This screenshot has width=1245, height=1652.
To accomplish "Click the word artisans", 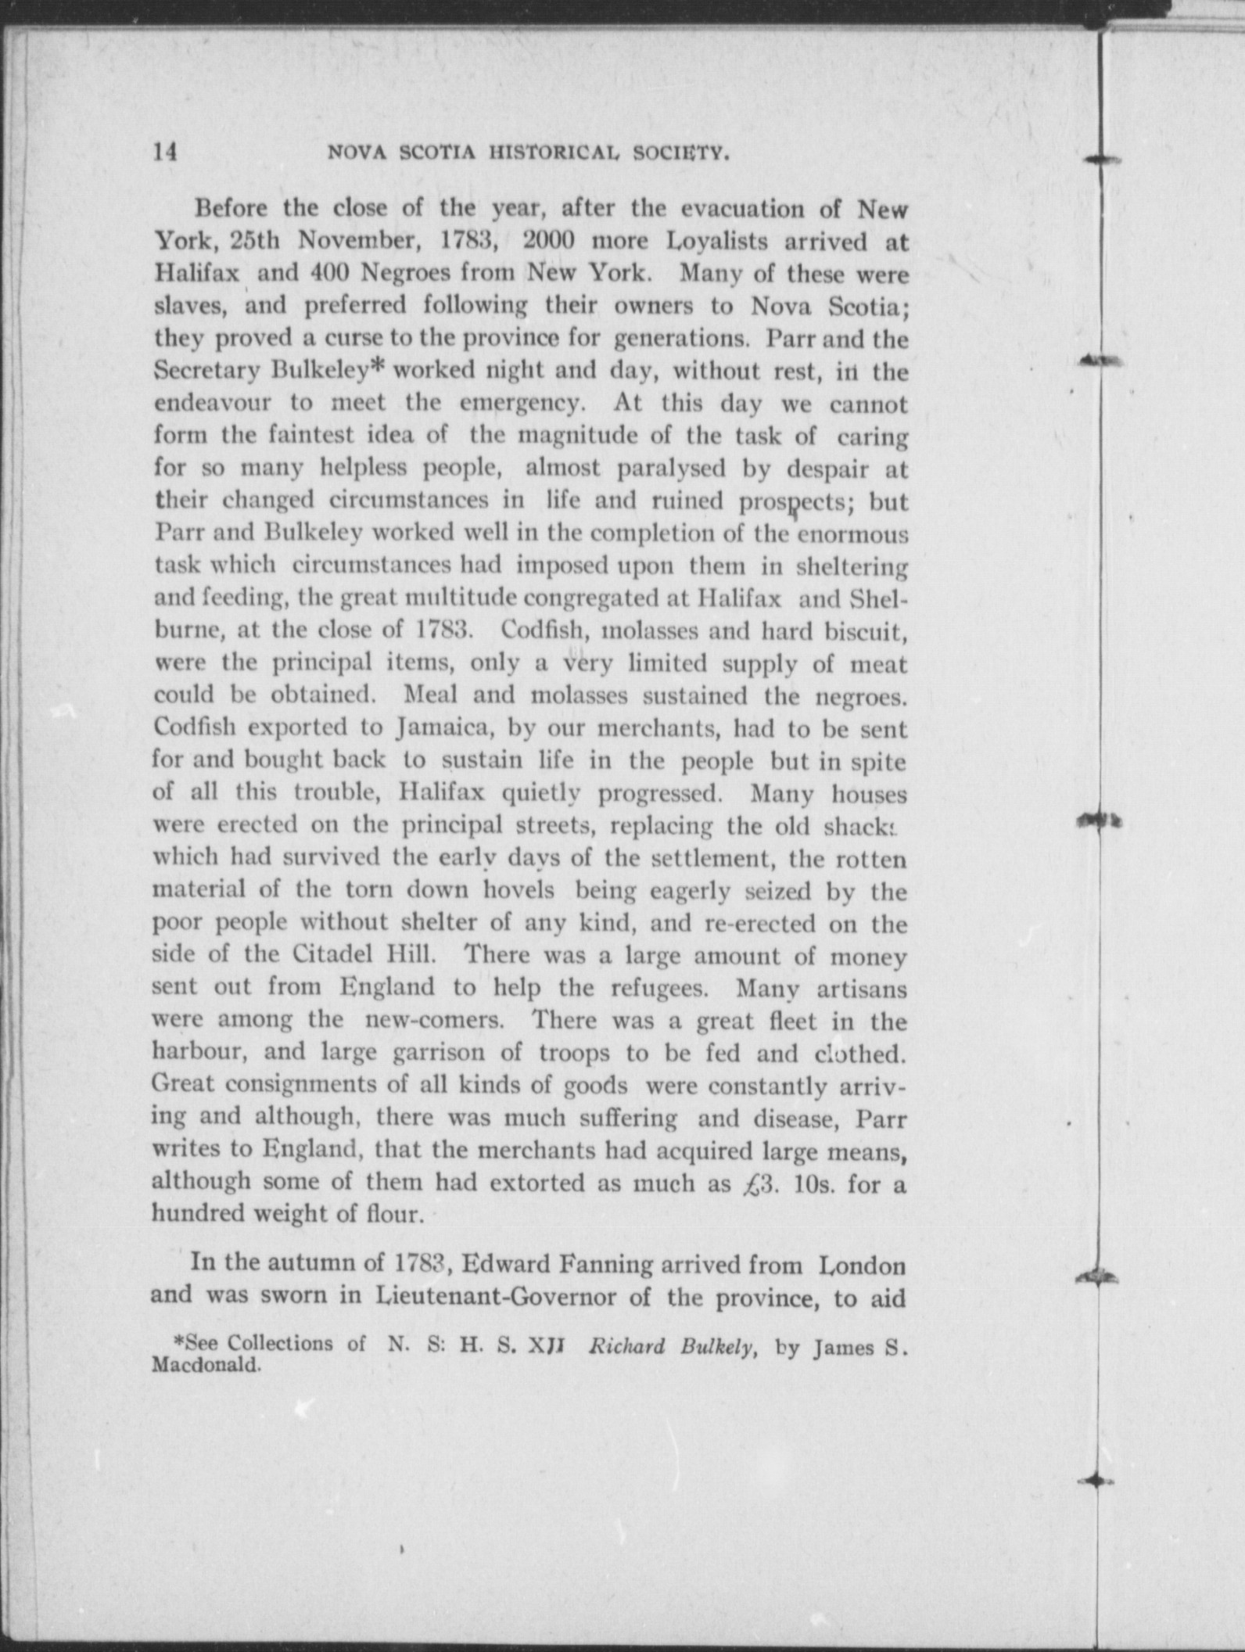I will (861, 989).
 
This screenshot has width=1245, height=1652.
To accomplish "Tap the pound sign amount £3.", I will (757, 1183).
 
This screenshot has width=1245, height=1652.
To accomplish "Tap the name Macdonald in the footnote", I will (205, 1366).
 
